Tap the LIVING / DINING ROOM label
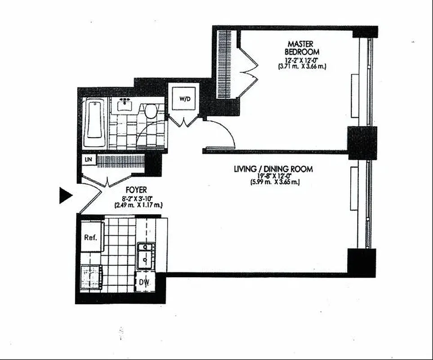[273, 169]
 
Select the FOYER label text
[136, 190]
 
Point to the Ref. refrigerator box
[92, 237]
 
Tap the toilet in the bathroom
[150, 111]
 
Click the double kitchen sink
[145, 256]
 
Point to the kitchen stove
[92, 276]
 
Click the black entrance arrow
[66, 195]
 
